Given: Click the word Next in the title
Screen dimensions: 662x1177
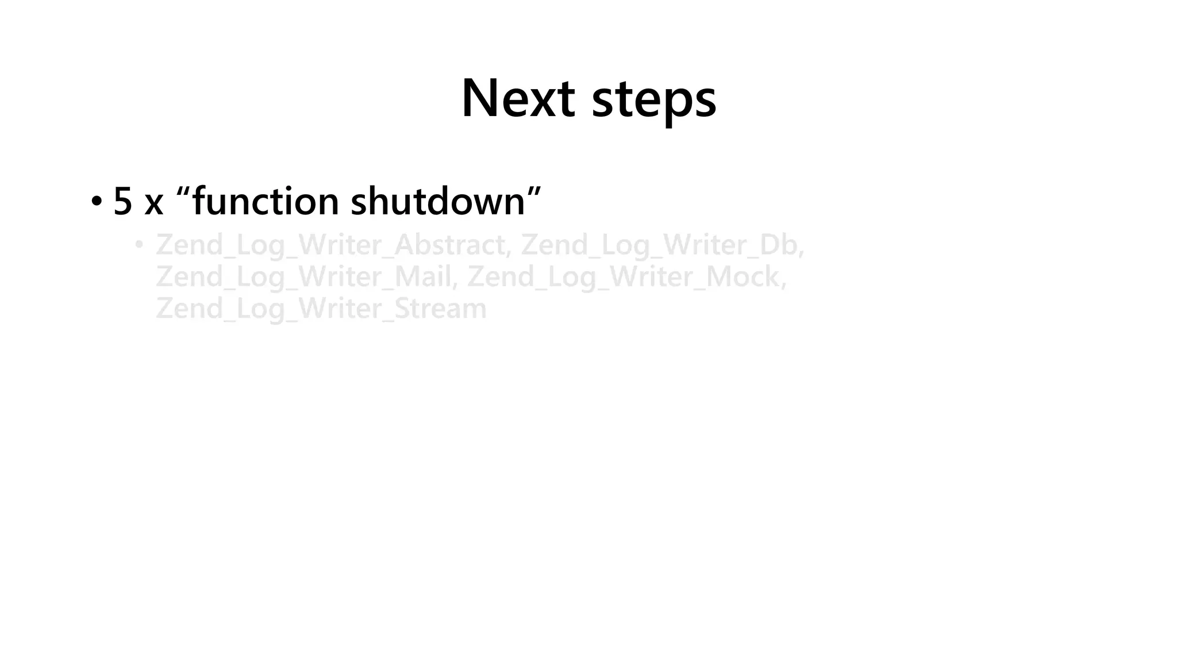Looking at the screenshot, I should [518, 99].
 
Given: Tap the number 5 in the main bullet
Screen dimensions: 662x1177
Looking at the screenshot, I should [122, 201].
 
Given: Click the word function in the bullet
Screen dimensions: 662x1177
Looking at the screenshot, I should [265, 201].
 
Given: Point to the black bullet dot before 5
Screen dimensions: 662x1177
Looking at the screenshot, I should [96, 202].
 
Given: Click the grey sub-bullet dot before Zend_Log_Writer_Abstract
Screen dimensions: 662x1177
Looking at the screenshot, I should [139, 245].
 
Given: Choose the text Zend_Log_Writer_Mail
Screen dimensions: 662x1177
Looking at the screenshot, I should [303, 277].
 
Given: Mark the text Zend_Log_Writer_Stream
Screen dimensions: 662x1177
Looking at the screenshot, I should [321, 309].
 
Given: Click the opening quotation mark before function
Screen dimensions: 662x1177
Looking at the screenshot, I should [183, 192].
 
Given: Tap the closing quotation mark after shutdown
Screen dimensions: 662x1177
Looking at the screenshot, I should [534, 192].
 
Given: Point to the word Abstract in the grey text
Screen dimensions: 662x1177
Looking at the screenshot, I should [449, 245].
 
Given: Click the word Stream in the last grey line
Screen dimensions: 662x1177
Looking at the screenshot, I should [440, 309].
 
